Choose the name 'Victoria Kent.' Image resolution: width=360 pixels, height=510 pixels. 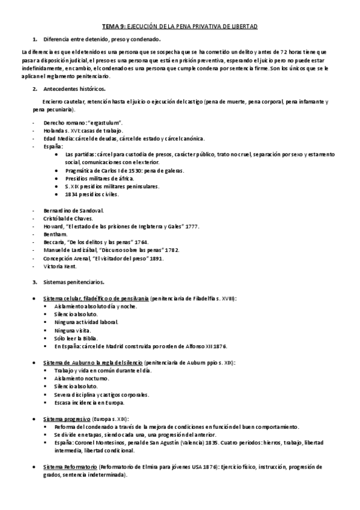tap(60, 266)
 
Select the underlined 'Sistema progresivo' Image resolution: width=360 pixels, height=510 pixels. tap(67, 418)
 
